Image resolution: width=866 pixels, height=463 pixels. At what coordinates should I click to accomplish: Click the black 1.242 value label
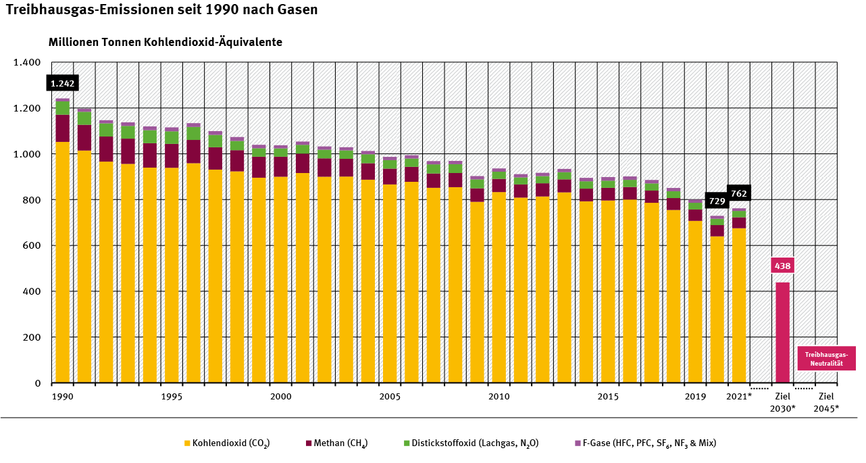point(63,84)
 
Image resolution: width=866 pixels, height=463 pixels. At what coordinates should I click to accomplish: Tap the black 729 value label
point(717,201)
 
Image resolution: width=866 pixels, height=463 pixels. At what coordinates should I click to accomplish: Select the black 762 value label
point(738,193)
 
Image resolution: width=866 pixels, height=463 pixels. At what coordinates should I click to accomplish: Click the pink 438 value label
point(782,266)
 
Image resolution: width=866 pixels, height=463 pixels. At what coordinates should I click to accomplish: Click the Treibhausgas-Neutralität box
point(826,359)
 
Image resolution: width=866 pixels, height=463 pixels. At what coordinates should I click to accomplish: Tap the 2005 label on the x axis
point(390,396)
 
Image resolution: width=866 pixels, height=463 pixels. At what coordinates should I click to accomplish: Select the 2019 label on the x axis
point(695,396)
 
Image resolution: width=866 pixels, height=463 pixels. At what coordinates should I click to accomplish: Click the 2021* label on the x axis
point(739,396)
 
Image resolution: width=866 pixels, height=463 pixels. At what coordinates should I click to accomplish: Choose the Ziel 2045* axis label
point(826,402)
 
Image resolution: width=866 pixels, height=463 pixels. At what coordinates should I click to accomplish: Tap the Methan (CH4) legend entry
point(336,443)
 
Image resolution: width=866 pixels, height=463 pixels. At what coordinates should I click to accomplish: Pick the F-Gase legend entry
point(644,443)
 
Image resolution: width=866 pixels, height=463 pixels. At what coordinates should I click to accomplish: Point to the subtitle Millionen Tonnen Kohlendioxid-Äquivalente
point(165,42)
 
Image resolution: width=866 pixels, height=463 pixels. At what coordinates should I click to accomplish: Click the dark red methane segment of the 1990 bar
point(63,128)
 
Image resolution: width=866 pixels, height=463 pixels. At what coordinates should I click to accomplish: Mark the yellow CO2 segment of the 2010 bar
point(499,287)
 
